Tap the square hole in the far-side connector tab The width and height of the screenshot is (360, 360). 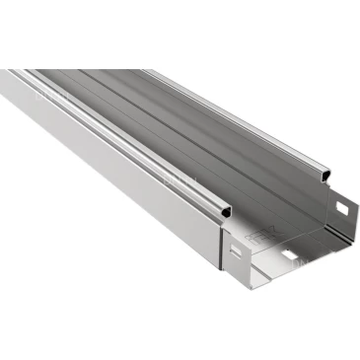pos(343,208)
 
